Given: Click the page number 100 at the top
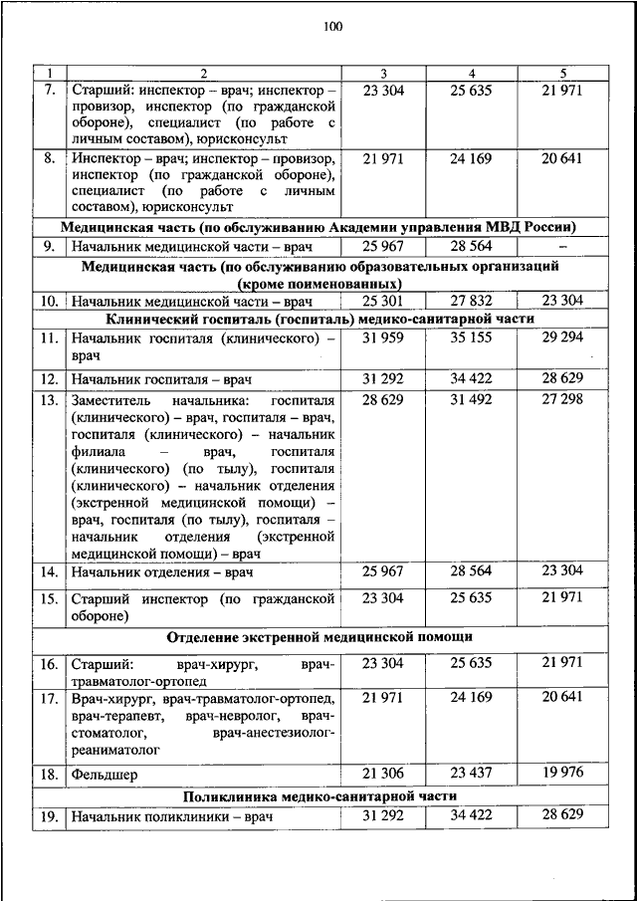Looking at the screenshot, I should coord(332,27).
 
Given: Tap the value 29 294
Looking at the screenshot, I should coord(561,339).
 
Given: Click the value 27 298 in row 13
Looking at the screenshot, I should coord(561,399).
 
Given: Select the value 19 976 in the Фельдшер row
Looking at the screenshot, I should coord(561,772).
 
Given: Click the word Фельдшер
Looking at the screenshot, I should coord(104,774).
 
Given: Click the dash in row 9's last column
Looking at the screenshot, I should coord(562,245).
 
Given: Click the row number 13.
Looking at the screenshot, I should coord(49,400).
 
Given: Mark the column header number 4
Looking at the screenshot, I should coord(472,74).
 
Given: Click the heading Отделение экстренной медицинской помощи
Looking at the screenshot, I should coord(320,636).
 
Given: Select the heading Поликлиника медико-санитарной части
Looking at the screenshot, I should coord(320,795).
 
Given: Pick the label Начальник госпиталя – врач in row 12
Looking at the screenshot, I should coord(161,379).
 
